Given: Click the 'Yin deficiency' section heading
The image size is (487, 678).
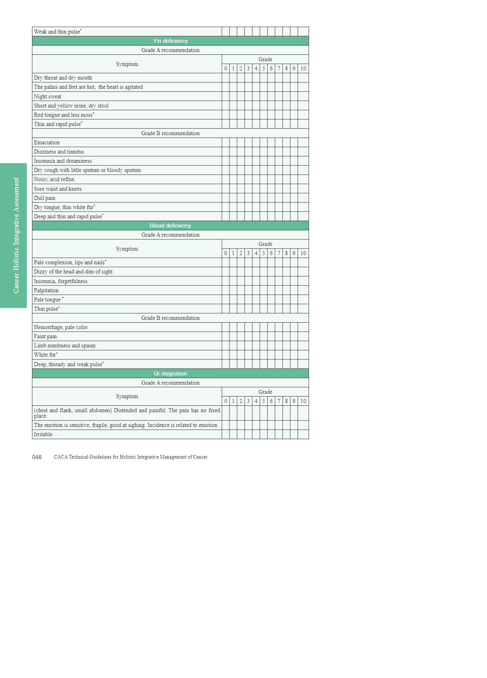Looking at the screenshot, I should point(170,41).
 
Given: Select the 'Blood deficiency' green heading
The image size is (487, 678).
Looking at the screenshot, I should point(170,225).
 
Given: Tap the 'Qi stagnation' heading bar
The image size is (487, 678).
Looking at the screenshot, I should point(170,373).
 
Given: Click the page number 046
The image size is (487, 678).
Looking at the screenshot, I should point(37,457).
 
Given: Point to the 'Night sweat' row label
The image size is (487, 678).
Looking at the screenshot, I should point(48,96).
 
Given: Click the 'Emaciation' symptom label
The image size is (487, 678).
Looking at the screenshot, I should point(47,142).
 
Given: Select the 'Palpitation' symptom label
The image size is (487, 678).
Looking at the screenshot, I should point(46,290).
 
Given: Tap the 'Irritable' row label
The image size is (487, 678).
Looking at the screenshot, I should point(43,434).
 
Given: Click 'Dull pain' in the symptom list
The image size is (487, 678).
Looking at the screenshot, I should point(44,198).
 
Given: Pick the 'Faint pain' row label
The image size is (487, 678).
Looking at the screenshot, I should point(45,336).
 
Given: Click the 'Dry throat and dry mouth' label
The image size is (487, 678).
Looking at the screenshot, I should point(63,78).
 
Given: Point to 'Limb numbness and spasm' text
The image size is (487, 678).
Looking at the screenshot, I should point(64,345).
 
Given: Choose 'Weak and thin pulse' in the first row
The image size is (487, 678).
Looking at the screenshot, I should point(57,32).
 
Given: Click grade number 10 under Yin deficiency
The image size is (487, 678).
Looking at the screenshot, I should point(303,68).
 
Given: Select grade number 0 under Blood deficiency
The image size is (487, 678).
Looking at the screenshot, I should point(226,253).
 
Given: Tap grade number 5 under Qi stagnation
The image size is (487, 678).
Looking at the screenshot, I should point(263,401).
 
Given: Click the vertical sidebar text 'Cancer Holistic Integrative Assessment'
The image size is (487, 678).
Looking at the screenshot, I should point(16,235).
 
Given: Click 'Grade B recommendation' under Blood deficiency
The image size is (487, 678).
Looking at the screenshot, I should point(170,318).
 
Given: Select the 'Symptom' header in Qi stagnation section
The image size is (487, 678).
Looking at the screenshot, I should point(127,396).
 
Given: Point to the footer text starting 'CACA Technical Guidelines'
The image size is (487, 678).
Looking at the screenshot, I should point(130,457).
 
